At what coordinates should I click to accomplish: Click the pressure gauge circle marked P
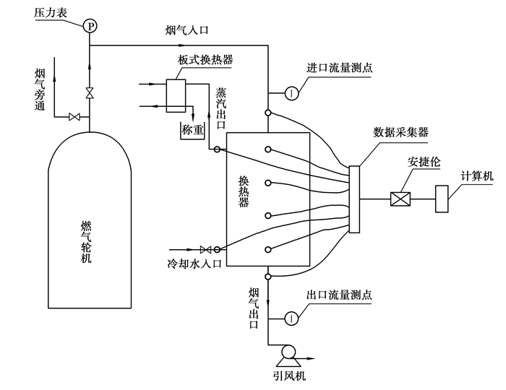click(x=90, y=26)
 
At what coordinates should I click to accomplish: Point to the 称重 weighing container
click(x=193, y=131)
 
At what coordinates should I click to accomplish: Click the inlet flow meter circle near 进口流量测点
click(x=290, y=92)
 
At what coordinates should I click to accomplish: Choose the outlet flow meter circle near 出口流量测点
click(x=290, y=318)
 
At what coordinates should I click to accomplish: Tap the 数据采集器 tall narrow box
click(x=354, y=199)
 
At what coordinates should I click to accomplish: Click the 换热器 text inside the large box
click(x=244, y=191)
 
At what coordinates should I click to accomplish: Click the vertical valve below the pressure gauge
click(x=90, y=93)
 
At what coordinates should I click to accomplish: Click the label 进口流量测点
click(x=340, y=68)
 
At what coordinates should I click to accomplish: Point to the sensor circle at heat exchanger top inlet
click(x=267, y=113)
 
